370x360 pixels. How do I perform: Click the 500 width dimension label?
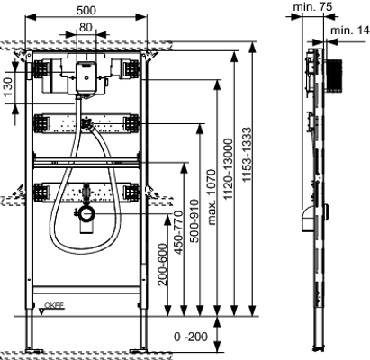[x=86, y=10]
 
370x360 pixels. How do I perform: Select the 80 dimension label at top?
[x=86, y=27]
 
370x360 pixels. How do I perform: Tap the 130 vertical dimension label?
[x=8, y=87]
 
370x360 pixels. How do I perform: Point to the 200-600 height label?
[x=163, y=265]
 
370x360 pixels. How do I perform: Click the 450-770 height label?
[x=178, y=233]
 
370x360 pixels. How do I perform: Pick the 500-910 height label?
[x=194, y=221]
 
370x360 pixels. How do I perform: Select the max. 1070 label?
[x=212, y=197]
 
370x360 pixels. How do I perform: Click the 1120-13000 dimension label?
[x=229, y=169]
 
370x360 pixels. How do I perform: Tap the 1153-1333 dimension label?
[x=247, y=155]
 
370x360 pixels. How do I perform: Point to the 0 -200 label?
[x=191, y=337]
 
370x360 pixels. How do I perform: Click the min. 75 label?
[x=313, y=7]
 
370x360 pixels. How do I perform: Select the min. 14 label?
[x=350, y=31]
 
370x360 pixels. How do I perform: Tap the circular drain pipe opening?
[x=87, y=214]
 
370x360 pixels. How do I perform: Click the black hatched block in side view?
[x=333, y=76]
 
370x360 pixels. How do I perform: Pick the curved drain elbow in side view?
[x=308, y=218]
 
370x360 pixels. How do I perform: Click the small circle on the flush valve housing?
[x=86, y=78]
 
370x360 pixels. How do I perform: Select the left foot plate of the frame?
[x=34, y=350]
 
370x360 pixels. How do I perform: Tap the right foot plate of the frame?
[x=139, y=350]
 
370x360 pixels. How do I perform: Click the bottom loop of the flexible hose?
[x=85, y=251]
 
